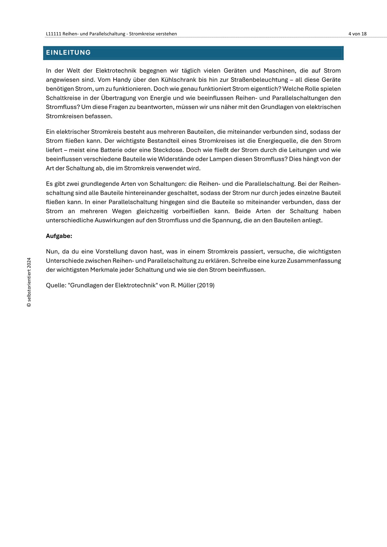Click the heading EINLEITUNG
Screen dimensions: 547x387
tap(68, 53)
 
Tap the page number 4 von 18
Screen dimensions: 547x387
tap(357, 34)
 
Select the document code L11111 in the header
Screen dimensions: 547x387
tap(54, 34)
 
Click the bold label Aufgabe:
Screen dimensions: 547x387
tap(59, 236)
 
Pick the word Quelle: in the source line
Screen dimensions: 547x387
tap(56, 285)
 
